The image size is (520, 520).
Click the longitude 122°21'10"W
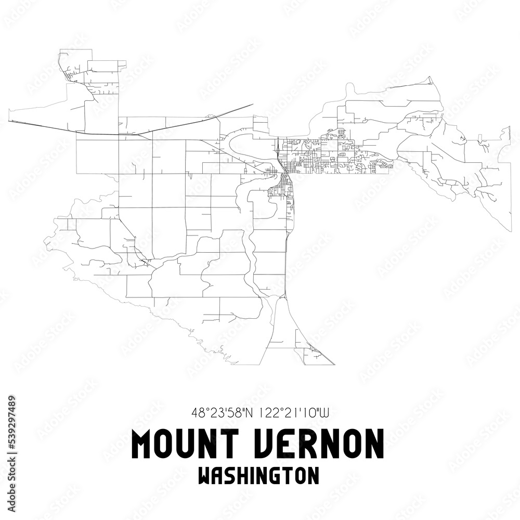tap(293, 413)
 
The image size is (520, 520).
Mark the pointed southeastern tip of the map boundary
tap(511, 231)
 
